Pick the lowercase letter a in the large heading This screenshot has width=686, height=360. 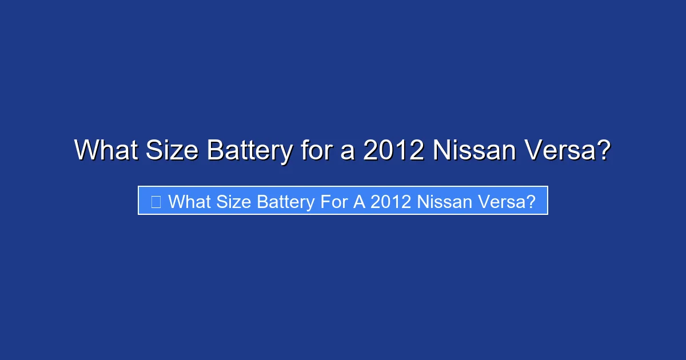[348, 152]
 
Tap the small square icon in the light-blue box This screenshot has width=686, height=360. [155, 201]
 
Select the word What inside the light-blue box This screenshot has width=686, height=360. [187, 201]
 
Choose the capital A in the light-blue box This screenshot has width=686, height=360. [358, 201]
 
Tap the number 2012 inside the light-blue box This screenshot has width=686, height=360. [390, 201]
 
